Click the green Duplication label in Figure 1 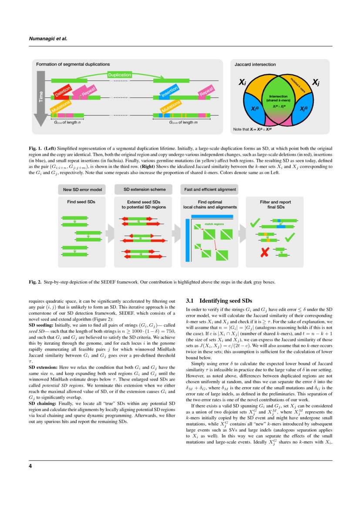[119, 75]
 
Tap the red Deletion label [62, 92]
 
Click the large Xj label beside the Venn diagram [316, 82]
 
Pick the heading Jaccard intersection [255, 64]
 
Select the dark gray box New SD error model [82, 189]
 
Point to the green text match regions [214, 224]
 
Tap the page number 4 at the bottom [30, 466]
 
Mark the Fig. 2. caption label [35, 282]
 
